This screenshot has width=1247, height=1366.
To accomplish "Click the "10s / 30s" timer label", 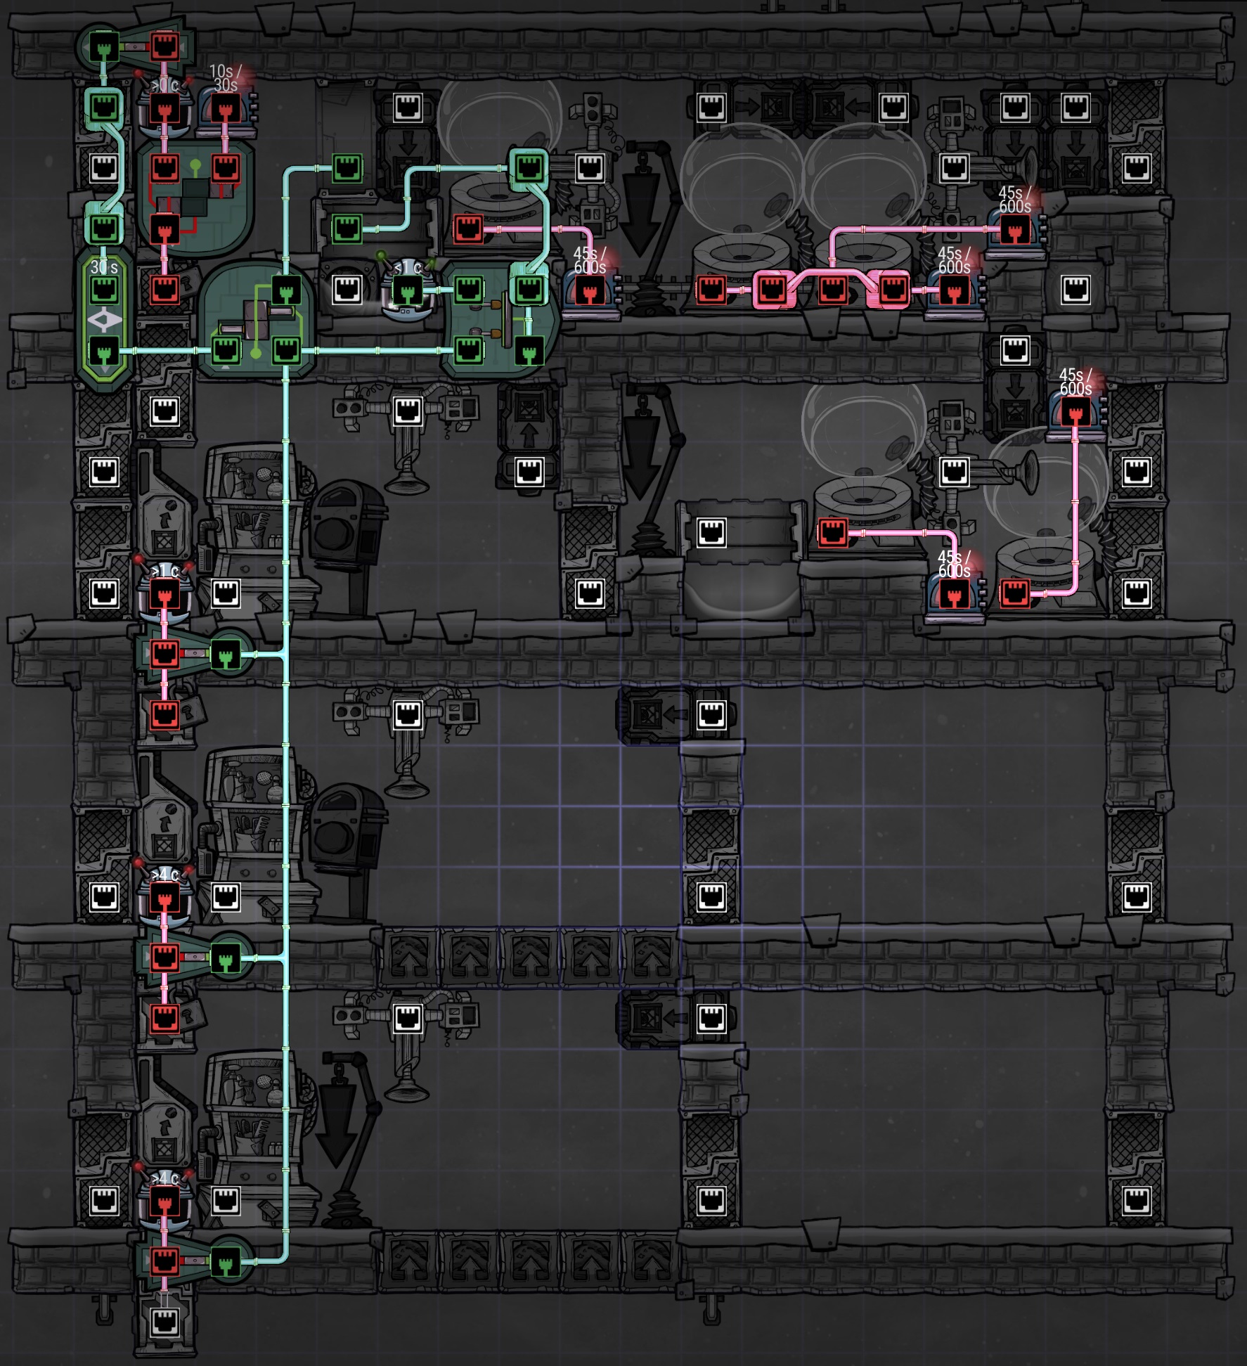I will [225, 78].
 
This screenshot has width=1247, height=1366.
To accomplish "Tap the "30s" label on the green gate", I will [104, 267].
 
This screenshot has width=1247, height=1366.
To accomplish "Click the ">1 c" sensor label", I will [165, 571].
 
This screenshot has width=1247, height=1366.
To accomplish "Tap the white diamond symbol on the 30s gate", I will [104, 321].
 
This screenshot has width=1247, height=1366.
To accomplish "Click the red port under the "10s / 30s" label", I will [225, 109].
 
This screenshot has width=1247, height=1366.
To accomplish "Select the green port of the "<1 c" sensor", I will [407, 290].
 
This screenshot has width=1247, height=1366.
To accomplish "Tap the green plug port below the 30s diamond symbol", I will [104, 350].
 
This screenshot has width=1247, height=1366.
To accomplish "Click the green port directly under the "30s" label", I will [104, 289].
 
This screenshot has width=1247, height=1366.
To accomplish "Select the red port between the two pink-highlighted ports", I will [832, 289].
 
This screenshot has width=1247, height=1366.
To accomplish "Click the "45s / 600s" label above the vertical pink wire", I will [1075, 382].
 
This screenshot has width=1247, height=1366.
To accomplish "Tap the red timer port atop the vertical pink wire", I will [1075, 411].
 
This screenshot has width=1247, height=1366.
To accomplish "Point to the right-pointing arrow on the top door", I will [747, 108].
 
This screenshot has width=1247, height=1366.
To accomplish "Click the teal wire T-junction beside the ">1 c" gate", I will [285, 655].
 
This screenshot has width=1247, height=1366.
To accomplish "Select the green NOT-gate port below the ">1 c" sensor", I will [225, 655].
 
